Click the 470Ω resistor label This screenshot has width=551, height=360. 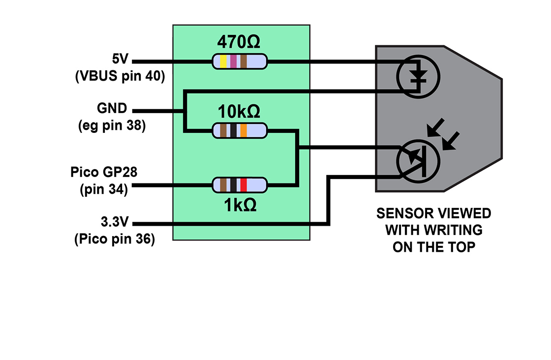coord(239,43)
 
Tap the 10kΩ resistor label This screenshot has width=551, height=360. coord(239,113)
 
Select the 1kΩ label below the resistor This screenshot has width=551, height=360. coord(240,205)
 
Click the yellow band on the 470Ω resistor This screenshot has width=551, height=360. coord(223,61)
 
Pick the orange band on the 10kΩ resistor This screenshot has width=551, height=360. coord(244,131)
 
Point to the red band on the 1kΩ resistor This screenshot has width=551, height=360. coord(244,185)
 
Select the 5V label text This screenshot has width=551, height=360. coord(120,60)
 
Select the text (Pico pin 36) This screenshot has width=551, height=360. coord(114,239)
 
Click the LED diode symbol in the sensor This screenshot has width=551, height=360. coord(419,76)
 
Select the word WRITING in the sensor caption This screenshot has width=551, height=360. coord(457,230)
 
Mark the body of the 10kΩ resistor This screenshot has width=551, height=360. coord(239,131)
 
